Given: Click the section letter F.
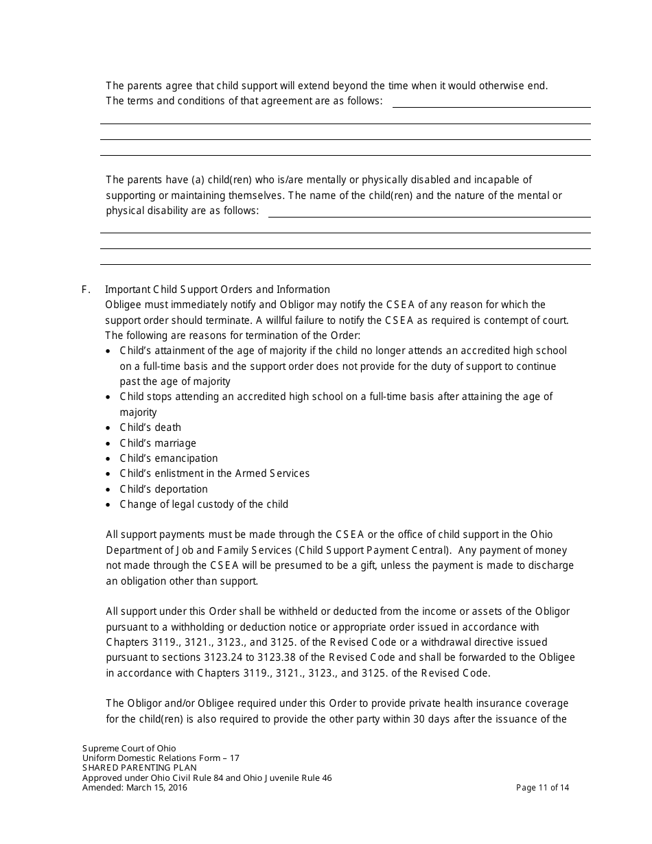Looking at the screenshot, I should tap(86, 290).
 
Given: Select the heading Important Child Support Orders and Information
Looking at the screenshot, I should tap(218, 290).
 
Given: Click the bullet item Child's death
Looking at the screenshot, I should tap(150, 427).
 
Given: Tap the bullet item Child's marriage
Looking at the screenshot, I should tap(158, 443).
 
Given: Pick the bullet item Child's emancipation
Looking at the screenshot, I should tap(169, 458).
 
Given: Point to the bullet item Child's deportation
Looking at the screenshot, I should tap(163, 489).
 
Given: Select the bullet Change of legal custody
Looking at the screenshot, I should tap(204, 504).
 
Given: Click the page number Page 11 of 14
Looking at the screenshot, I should tap(542, 788).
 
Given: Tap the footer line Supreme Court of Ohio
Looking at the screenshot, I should tap(129, 749).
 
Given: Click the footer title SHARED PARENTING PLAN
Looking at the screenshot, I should tap(139, 768).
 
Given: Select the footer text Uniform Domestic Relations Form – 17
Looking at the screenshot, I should tap(161, 758).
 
